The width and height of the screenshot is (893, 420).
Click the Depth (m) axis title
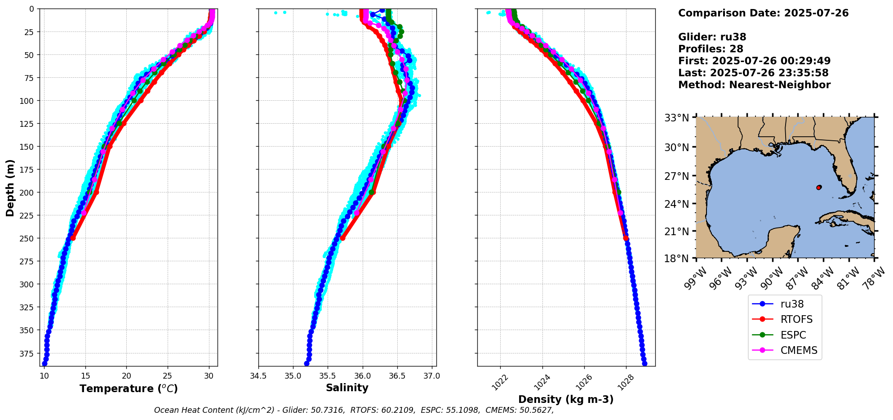click(x=10, y=188)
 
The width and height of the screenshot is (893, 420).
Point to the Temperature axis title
click(x=129, y=389)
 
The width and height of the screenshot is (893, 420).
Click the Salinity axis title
click(x=347, y=388)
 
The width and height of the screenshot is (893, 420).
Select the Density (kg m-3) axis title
click(x=566, y=399)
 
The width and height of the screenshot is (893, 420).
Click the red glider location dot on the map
click(x=818, y=188)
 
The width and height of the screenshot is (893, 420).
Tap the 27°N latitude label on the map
click(x=677, y=176)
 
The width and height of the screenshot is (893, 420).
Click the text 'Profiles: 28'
click(x=711, y=49)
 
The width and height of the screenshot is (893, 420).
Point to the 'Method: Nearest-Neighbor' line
click(x=754, y=85)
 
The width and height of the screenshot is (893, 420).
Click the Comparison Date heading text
click(x=763, y=13)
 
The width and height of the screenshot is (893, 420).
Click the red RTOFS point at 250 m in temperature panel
click(x=73, y=238)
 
